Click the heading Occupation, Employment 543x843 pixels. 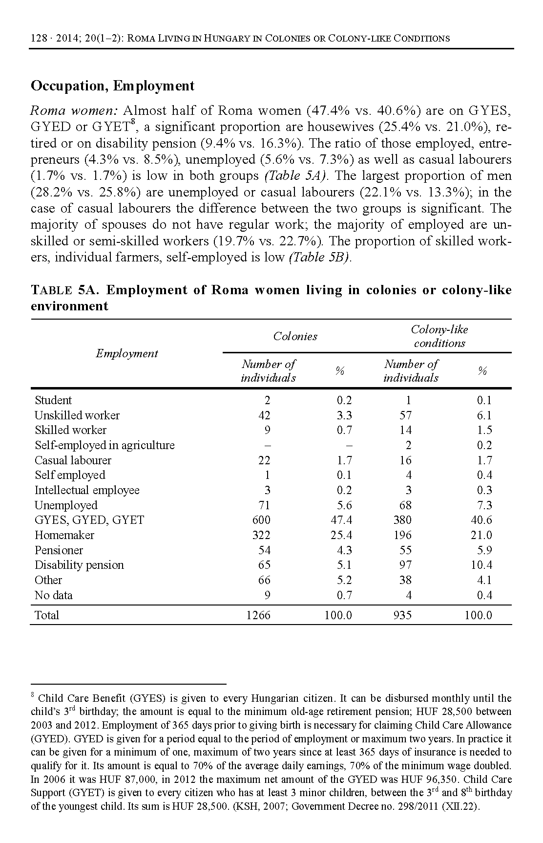112,86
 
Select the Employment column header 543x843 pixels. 126,353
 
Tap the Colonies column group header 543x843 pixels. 295,336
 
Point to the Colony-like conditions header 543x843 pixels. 439,336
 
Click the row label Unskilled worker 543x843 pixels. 77,415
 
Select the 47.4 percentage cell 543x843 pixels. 341,520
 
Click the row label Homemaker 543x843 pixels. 64,535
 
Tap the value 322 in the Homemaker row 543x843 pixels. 261,535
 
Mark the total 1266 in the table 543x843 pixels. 258,615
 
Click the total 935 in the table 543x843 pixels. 402,615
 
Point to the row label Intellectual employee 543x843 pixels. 87,490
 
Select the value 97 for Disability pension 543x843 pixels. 405,565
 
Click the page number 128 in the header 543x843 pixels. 38,38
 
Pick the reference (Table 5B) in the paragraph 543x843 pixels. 321,258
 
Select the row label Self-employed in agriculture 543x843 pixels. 104,445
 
